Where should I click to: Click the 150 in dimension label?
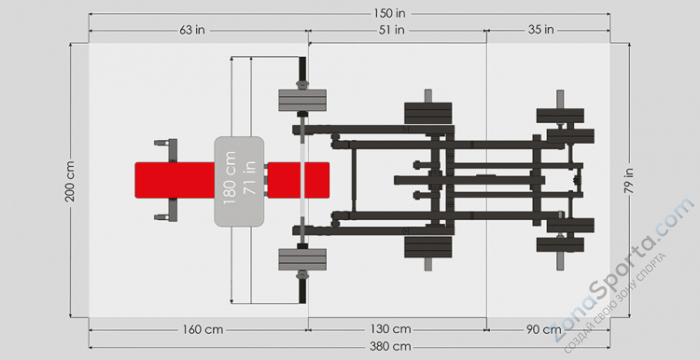(390, 13)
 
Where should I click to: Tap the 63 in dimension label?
(192, 30)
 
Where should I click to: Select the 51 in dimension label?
(392, 30)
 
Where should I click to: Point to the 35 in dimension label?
(541, 30)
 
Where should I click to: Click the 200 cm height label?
(70, 181)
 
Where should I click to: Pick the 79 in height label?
(629, 180)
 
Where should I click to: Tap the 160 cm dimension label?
(203, 330)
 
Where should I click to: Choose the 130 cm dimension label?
(391, 329)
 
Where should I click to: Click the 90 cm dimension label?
(543, 330)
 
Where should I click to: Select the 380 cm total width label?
(391, 346)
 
